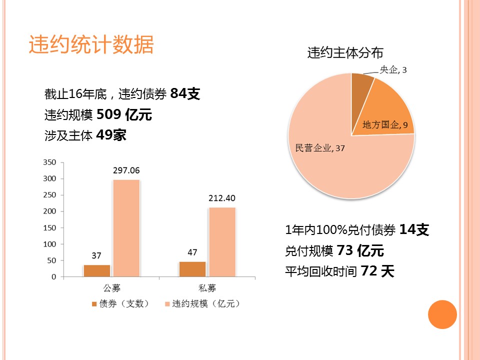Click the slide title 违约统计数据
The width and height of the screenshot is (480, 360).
91,45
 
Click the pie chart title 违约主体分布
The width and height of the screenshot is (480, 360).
345,53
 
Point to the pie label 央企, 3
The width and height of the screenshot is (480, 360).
393,70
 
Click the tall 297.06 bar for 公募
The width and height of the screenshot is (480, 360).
126,227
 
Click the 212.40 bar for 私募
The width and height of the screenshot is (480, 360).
221,241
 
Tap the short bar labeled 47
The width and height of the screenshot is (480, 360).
192,269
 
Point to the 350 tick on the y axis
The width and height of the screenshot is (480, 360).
50,162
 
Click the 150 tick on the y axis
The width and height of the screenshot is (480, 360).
50,228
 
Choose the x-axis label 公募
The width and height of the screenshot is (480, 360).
111,288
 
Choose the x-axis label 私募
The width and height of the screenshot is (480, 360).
207,288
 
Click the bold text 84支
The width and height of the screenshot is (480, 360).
185,93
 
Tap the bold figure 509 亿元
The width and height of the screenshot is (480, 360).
124,114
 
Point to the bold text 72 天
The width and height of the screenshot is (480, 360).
377,271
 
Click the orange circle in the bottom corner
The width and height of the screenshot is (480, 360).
442,314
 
